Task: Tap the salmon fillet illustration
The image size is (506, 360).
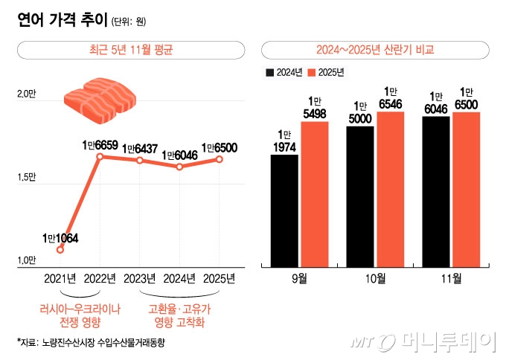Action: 99,100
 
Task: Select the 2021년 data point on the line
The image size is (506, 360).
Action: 60,249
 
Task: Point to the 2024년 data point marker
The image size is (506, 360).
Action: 180,167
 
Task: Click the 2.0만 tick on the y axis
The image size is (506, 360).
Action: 26,94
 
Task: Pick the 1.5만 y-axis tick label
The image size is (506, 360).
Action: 26,177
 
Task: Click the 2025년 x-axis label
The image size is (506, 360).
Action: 220,279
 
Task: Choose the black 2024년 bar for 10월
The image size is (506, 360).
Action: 360,196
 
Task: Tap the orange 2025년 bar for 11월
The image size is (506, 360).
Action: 467,189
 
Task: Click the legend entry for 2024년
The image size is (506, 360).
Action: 284,73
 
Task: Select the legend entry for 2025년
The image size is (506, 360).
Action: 325,73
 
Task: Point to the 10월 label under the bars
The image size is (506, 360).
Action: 375,279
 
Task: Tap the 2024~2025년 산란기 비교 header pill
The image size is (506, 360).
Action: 375,51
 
